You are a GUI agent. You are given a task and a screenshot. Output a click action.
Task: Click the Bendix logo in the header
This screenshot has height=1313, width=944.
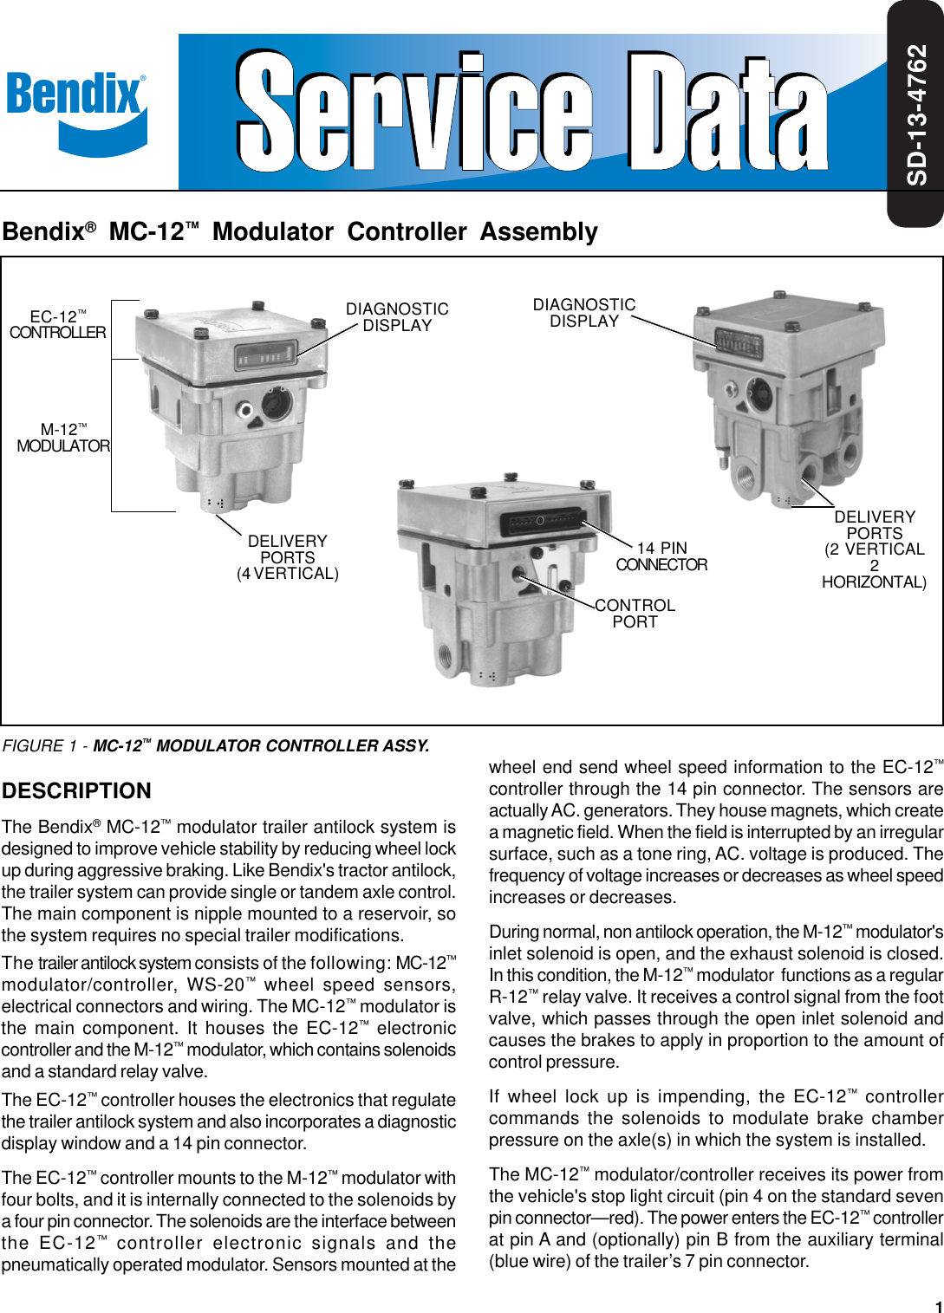point(76,111)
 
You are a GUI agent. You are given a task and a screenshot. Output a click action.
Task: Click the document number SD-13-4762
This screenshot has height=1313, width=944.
point(917,114)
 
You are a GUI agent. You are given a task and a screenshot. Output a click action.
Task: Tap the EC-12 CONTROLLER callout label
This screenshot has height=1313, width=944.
point(57,325)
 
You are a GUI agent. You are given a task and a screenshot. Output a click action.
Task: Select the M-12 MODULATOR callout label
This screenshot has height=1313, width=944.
point(63,438)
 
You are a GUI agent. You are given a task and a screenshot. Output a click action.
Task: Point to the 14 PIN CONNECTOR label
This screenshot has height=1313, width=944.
point(661,556)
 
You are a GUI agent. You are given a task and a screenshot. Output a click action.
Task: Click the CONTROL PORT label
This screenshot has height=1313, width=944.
point(635,614)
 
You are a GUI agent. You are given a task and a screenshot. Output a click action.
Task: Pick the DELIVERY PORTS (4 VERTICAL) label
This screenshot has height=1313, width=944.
point(288,557)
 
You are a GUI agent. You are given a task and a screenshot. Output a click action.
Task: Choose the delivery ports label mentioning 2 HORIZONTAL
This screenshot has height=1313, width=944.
point(874,549)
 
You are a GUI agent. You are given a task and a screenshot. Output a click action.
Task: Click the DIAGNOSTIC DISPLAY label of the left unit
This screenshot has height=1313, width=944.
point(397,317)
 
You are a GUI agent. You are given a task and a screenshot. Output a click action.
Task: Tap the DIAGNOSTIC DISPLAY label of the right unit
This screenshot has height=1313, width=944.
point(584,313)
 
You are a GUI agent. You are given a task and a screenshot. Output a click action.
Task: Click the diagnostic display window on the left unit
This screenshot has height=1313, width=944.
point(259,355)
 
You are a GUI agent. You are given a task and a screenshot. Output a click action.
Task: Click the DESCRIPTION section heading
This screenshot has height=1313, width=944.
point(76,790)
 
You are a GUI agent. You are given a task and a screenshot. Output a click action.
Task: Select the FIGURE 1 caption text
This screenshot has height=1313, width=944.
point(216,746)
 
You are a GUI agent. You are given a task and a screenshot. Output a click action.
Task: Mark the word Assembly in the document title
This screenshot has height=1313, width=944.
point(538,232)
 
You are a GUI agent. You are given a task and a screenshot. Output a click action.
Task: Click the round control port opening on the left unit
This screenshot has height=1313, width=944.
point(277,404)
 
